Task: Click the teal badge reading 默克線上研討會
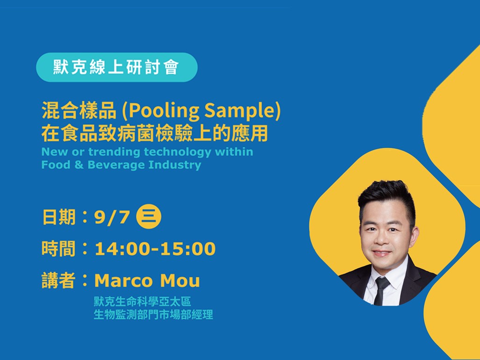pos(117,67)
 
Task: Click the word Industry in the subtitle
pos(175,166)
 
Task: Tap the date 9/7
pos(112,217)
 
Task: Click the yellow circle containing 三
pos(149,216)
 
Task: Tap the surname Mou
pos(180,281)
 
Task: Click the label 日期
pos(59,217)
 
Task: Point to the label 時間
pos(59,249)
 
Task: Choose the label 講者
pos(59,281)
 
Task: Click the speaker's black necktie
pos(381,290)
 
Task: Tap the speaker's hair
pos(387,196)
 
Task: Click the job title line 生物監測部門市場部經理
pos(153,315)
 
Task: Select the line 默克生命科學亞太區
pos(143,302)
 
